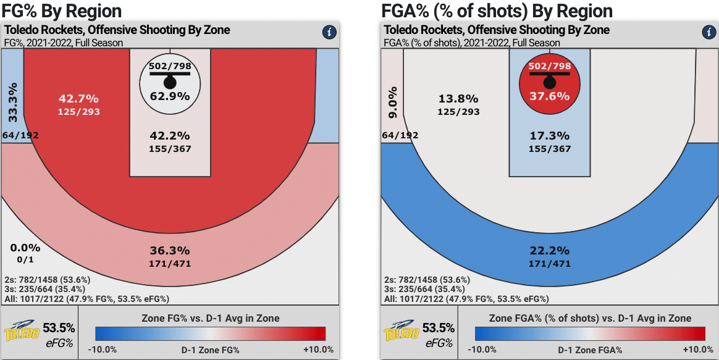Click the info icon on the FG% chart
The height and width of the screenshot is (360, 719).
click(x=329, y=32)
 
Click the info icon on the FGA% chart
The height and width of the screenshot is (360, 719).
click(x=708, y=32)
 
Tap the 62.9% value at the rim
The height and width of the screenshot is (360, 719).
click(x=170, y=96)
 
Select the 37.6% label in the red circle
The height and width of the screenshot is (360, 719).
click(x=549, y=96)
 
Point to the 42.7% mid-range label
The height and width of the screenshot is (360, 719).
click(x=79, y=99)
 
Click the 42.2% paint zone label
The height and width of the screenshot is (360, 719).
click(x=170, y=136)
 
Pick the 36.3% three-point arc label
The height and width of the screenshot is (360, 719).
click(x=170, y=251)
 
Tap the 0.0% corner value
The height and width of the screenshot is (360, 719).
click(x=25, y=248)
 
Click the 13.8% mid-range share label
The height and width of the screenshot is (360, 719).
click(x=458, y=99)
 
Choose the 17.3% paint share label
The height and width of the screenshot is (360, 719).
click(x=549, y=136)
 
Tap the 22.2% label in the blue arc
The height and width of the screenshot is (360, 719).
click(x=549, y=251)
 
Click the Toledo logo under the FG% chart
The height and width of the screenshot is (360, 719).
click(x=22, y=332)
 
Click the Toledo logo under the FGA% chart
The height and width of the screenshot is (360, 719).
click(x=402, y=332)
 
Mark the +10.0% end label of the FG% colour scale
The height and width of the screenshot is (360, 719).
click(x=318, y=350)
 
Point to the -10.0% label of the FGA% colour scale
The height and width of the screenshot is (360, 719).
click(x=482, y=350)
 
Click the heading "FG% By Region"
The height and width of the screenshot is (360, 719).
click(x=62, y=10)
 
